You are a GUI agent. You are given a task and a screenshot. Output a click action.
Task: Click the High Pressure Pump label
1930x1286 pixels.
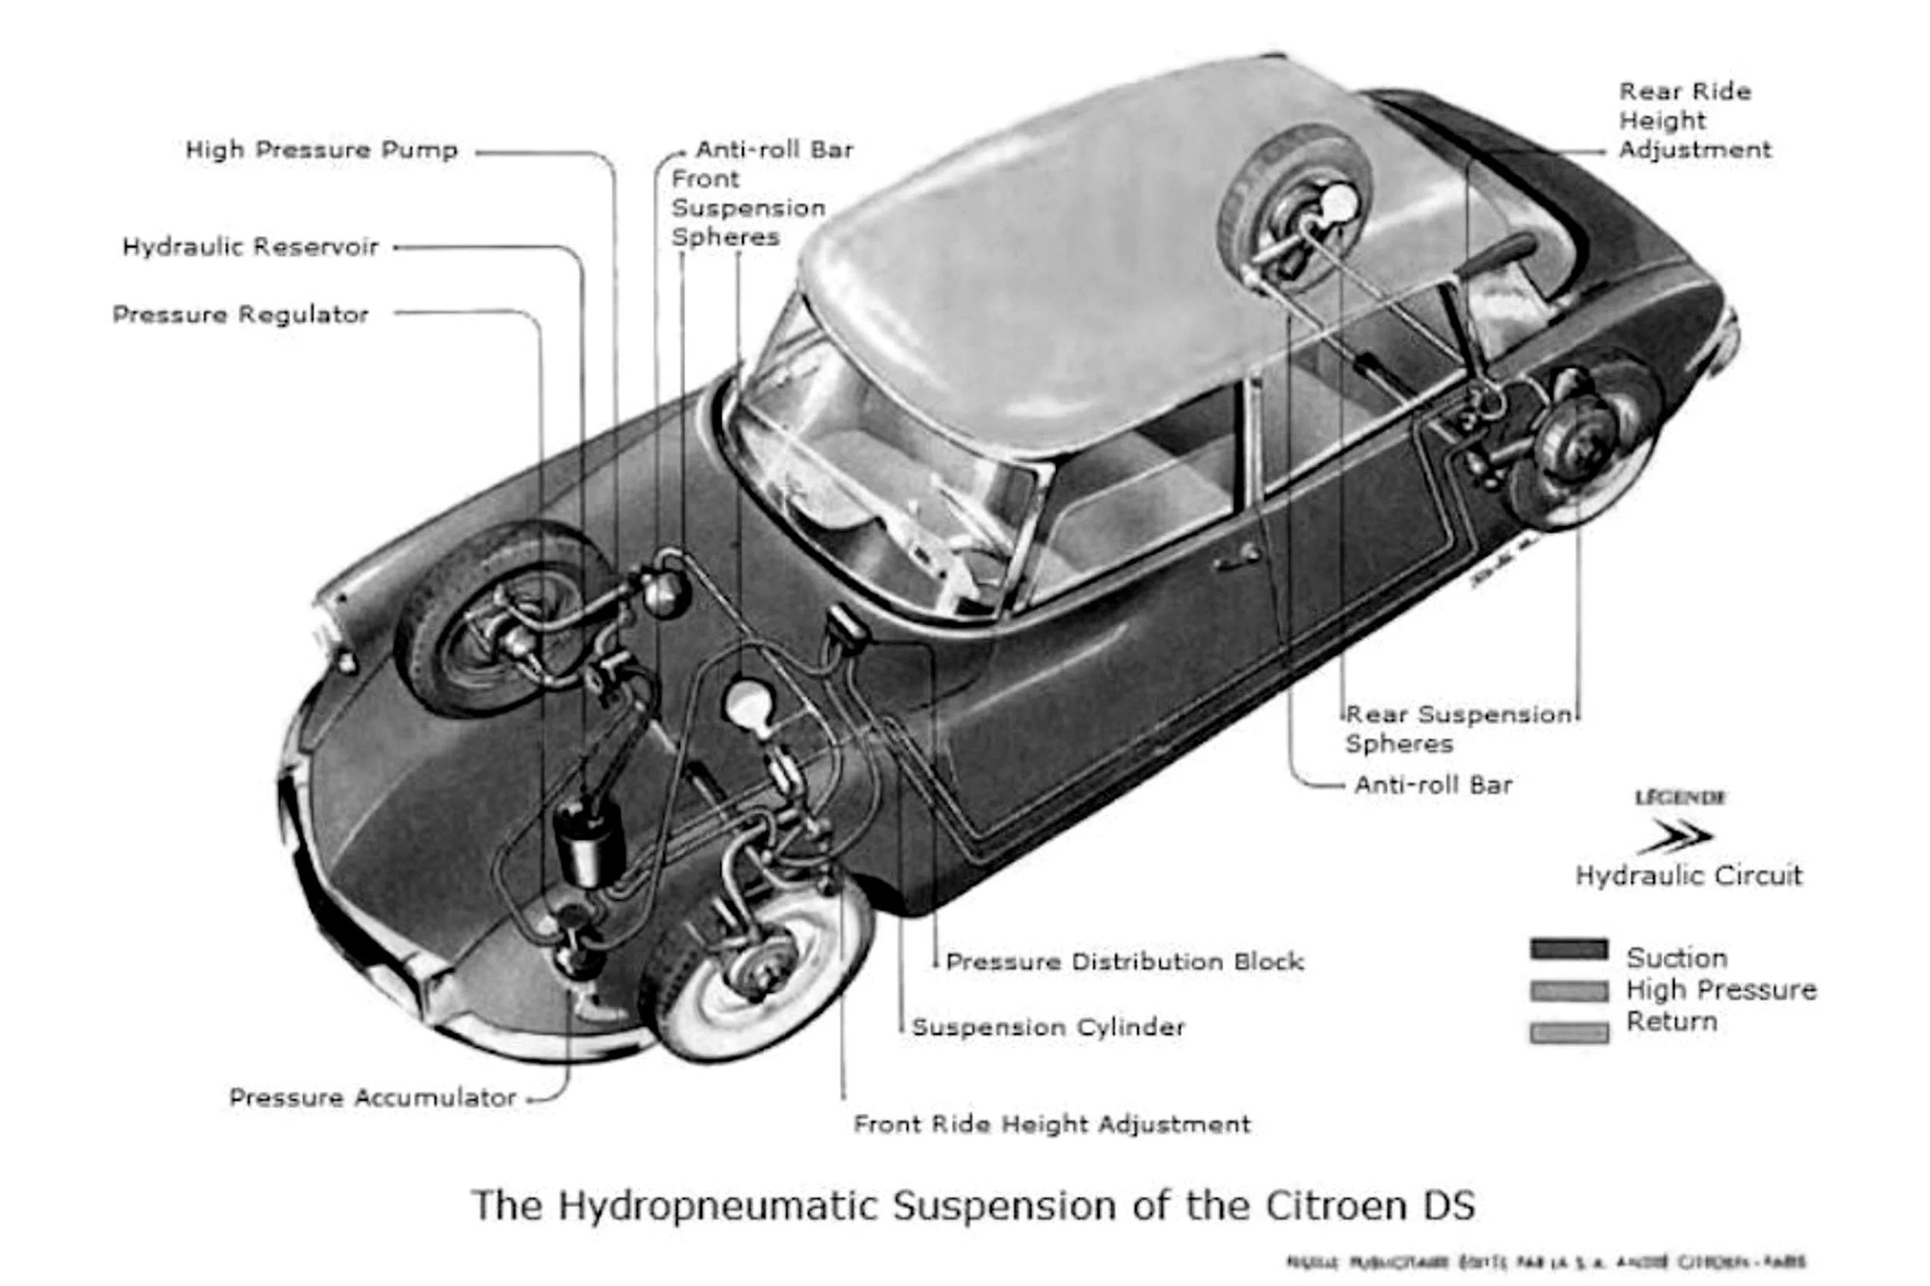tap(321, 150)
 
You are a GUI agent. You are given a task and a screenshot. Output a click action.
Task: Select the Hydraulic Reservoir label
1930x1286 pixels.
tap(250, 247)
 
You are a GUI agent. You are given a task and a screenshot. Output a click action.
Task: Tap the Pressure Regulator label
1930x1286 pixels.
tap(240, 315)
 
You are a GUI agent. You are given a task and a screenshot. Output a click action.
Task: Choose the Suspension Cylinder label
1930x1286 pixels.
tap(1048, 1028)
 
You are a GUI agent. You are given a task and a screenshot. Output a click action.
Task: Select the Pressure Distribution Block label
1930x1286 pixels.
tap(1124, 962)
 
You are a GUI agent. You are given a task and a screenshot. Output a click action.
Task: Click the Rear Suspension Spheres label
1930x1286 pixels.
tap(1458, 729)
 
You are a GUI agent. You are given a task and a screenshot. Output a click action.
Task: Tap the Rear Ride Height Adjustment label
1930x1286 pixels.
tap(1694, 120)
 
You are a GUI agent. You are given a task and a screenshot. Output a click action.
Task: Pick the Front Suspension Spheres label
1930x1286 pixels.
tap(747, 208)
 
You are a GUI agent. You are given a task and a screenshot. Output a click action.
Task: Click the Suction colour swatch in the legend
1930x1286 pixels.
tap(1568, 950)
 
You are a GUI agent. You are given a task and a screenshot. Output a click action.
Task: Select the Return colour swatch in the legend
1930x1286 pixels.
tap(1568, 1032)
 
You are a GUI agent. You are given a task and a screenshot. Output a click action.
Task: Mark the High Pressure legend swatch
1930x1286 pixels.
tap(1568, 991)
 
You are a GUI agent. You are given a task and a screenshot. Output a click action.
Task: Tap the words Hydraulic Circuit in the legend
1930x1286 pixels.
tap(1688, 876)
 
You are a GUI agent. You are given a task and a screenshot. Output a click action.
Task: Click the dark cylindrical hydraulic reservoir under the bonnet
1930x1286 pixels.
tap(588, 845)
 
